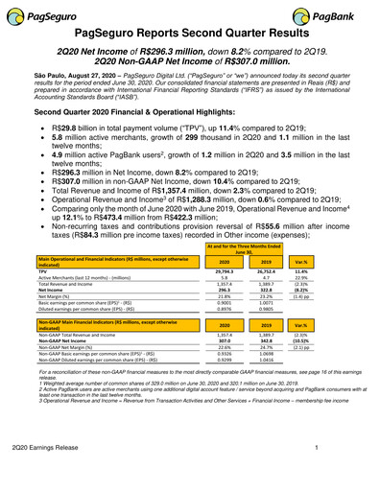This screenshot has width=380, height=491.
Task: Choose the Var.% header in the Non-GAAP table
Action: [x=327, y=325]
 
